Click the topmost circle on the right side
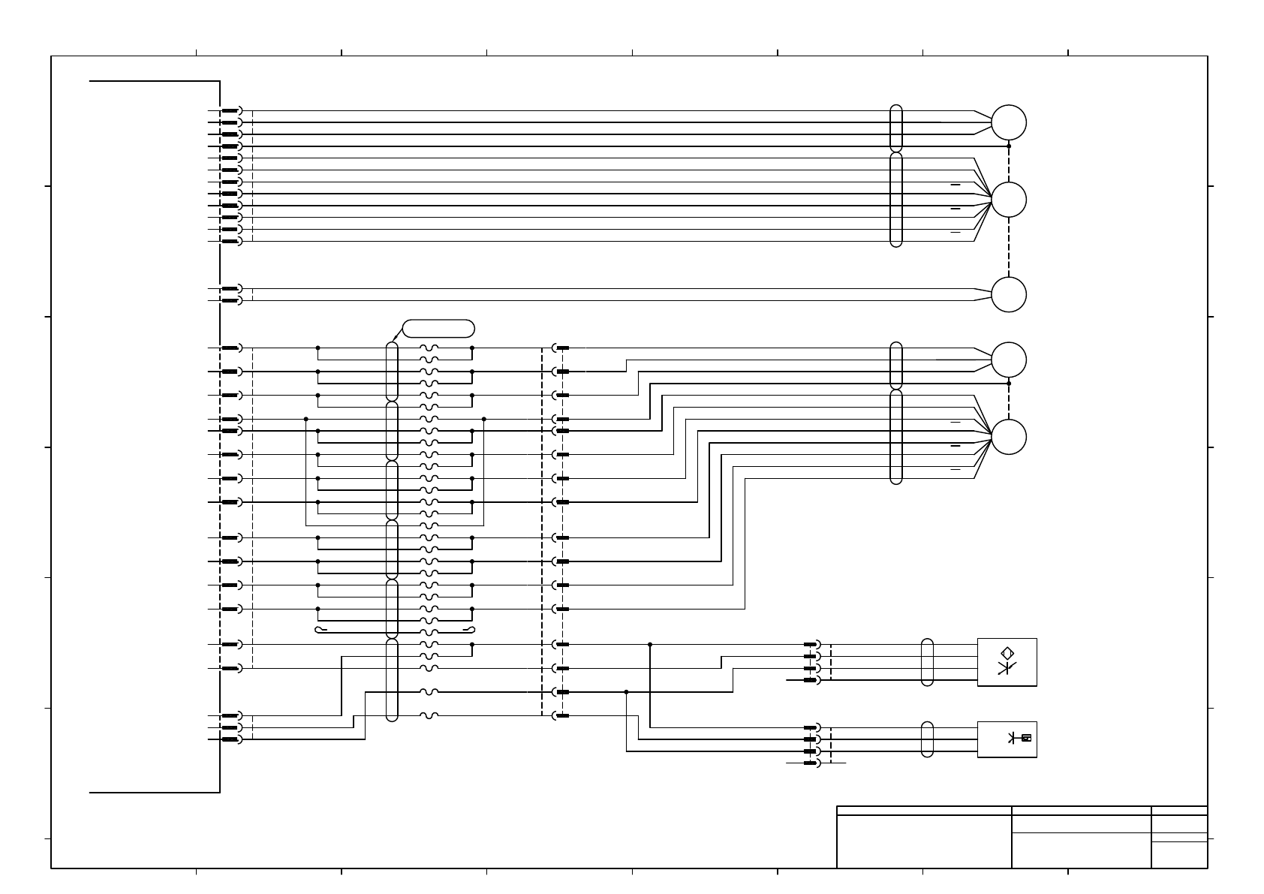tap(1008, 122)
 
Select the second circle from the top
tap(1008, 200)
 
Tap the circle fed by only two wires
tap(1008, 294)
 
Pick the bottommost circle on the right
tap(1008, 438)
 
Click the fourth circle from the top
tap(1008, 360)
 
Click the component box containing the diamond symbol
tap(1007, 662)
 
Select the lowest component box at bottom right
tap(1007, 739)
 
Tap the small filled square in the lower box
tap(1026, 737)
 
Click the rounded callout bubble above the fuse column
tap(438, 328)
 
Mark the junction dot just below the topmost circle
tap(1009, 146)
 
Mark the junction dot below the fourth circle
tap(1009, 384)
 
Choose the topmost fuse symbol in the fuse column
tap(429, 348)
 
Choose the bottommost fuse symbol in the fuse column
tap(429, 715)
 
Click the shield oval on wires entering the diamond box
tap(927, 662)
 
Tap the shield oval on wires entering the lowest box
tap(927, 739)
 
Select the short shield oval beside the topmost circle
tap(895, 128)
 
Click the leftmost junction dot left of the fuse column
tap(306, 419)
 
